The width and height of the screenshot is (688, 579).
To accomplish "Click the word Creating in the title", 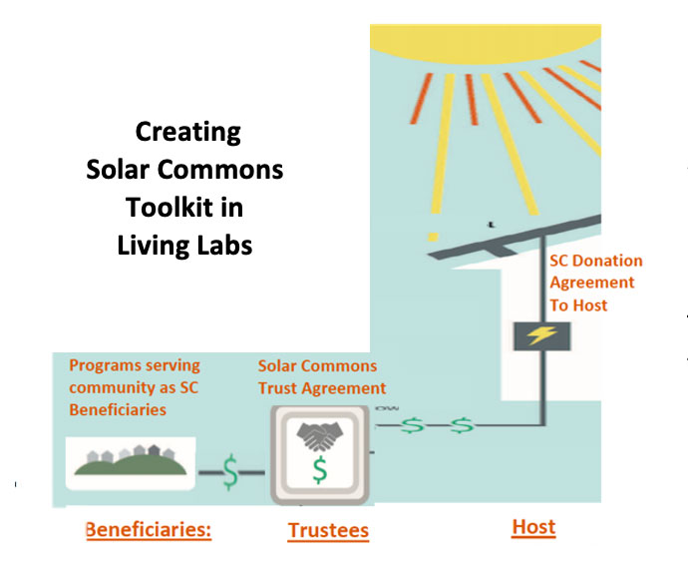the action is [188, 132].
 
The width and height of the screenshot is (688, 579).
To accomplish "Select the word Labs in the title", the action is [224, 246].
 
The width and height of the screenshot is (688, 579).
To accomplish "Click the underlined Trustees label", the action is [328, 531].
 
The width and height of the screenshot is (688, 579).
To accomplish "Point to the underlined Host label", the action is [533, 527].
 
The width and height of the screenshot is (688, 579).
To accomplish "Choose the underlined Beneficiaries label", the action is [149, 530].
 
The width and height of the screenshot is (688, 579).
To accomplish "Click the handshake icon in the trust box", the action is [319, 436].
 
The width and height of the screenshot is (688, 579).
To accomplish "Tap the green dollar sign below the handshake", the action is [320, 470].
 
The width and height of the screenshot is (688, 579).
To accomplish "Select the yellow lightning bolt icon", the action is [541, 335].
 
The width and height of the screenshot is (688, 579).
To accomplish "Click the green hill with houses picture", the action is [131, 463].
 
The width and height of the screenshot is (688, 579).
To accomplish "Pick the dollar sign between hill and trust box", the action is [230, 472].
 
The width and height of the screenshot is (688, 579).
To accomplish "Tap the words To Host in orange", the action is [578, 305].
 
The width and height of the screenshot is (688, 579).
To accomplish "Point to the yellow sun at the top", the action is [486, 44].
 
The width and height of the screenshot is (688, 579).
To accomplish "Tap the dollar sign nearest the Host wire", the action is [462, 425].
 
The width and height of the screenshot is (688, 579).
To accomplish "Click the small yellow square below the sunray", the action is [433, 238].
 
